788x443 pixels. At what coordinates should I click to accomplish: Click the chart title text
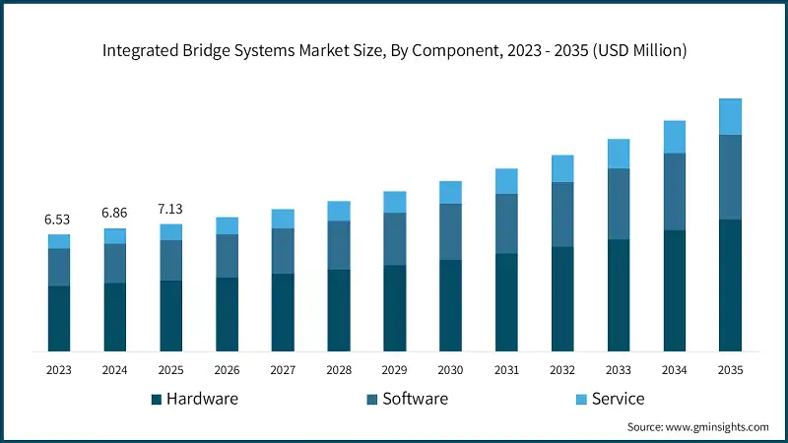point(394,52)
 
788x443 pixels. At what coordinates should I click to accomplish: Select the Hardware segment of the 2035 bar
point(730,285)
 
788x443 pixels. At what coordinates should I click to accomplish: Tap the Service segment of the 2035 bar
point(730,116)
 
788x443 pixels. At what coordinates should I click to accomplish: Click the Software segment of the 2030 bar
point(450,231)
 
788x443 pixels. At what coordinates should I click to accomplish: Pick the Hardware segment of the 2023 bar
point(59,318)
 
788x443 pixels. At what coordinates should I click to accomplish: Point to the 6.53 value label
point(59,219)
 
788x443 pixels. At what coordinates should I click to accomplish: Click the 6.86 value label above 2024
point(115,213)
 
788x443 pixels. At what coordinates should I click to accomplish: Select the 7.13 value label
point(170,209)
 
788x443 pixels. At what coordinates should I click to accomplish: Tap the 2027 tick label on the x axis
point(283,370)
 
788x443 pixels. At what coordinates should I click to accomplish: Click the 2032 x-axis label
point(562,370)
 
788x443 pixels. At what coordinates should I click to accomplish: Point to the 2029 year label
point(394,370)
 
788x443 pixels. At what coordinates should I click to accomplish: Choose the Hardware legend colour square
point(156,400)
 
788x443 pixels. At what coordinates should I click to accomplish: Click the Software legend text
point(415,399)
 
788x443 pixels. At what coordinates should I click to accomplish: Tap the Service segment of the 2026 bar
point(227,225)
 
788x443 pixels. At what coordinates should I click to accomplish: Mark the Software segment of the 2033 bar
point(619,204)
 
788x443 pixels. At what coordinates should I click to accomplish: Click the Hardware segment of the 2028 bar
point(339,310)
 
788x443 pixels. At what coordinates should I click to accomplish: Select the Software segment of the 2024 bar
point(115,263)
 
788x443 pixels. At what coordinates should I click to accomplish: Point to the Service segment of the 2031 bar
point(506,181)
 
